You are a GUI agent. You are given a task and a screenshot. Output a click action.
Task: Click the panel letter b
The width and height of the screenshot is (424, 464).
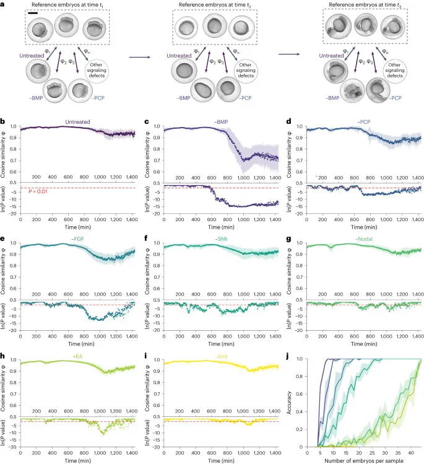(3, 123)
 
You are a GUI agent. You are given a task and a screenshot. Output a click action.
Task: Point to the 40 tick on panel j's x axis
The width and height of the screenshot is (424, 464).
(409, 452)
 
